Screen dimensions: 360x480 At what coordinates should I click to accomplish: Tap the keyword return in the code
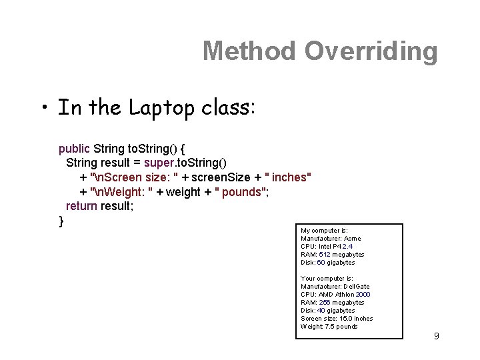[81, 207]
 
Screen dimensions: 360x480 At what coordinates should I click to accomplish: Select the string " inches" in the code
[287, 177]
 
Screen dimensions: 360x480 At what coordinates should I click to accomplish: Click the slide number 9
[436, 336]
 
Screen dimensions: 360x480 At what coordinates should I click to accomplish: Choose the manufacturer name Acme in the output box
[351, 238]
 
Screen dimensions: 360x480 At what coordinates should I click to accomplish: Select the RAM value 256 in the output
[324, 302]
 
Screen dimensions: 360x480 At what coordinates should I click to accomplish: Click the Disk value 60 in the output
[321, 262]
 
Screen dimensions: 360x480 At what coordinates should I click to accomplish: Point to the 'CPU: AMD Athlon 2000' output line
[335, 294]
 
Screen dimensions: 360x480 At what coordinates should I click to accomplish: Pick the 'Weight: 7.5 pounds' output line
[329, 326]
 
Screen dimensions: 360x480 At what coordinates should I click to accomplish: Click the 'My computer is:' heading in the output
[324, 230]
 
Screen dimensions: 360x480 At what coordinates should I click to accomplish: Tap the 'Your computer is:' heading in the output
[327, 278]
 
